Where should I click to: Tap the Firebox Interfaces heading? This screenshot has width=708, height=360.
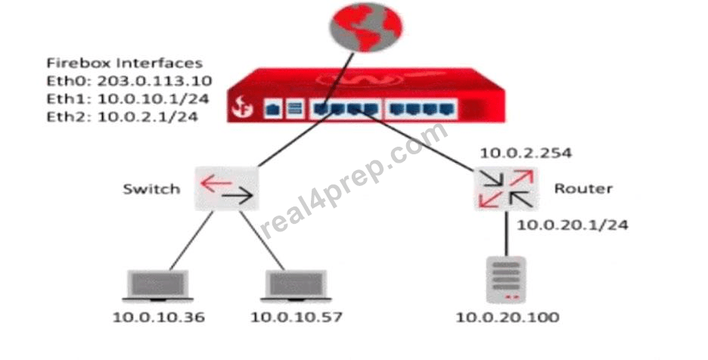[x=125, y=63]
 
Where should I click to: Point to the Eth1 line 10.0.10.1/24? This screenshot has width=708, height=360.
[x=128, y=99]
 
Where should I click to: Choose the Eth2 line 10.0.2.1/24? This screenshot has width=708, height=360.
[x=123, y=116]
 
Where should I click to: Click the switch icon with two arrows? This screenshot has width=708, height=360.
[x=227, y=188]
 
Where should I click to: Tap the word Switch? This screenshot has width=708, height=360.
[x=151, y=189]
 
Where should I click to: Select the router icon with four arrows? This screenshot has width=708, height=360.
[x=506, y=188]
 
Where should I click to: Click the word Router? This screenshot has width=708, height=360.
[x=583, y=188]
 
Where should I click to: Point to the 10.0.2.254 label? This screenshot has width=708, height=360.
[x=526, y=153]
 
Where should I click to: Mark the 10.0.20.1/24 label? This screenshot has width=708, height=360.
[x=572, y=225]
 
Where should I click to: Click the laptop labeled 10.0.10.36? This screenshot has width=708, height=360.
[x=157, y=286]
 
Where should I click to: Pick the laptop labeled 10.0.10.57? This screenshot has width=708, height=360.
[x=296, y=286]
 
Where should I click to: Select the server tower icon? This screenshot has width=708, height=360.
[x=506, y=280]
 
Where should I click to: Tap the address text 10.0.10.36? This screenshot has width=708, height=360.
[x=159, y=317]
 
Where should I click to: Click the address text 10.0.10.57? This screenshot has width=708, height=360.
[x=297, y=317]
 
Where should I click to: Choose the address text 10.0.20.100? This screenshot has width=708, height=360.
[x=508, y=317]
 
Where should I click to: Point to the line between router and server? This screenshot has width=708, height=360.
[x=507, y=233]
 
